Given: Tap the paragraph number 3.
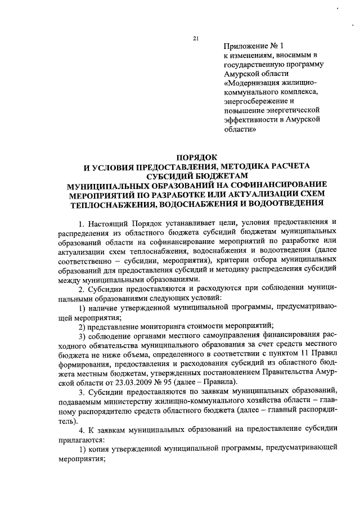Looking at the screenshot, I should coord(80,393).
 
